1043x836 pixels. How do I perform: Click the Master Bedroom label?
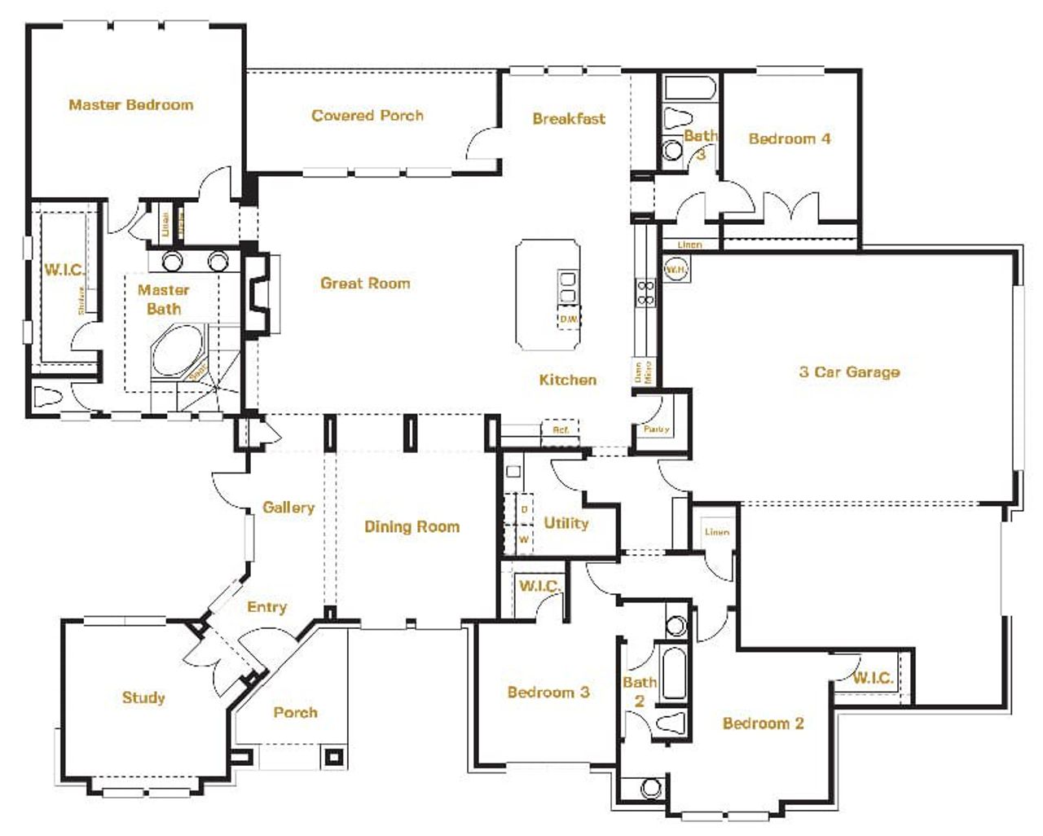coord(131,105)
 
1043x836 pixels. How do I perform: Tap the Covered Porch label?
coord(367,116)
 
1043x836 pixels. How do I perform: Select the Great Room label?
coord(365,284)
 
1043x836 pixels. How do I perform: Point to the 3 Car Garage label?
coord(849,372)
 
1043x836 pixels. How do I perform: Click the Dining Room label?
coord(411,527)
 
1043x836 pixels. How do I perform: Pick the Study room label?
coord(143,697)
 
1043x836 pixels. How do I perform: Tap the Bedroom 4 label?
coord(790,139)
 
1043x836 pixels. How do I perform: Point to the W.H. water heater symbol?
coord(676,268)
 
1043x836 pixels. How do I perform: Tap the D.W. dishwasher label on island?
coord(568,319)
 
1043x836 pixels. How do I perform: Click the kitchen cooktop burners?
coord(645,293)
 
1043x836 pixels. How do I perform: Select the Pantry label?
coord(656,429)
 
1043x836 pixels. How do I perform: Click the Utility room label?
coord(566,523)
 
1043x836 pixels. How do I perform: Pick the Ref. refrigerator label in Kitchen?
coord(561,429)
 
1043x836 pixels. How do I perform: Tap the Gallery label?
coord(288,508)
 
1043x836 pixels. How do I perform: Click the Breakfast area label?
coord(569,119)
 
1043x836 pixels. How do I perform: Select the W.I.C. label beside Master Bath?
coord(63,271)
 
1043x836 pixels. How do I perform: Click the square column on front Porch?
coord(332,757)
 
